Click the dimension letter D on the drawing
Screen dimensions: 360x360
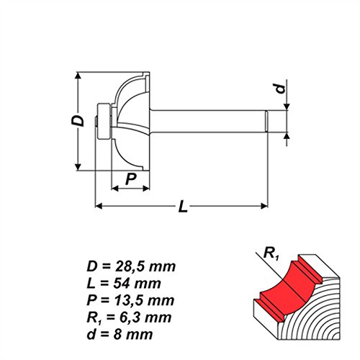pos(84,122)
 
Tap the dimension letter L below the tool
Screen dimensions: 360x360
pos(184,208)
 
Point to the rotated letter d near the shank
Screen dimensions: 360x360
pos(281,89)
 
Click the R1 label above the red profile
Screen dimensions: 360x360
pos(271,252)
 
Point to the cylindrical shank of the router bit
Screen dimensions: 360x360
pos(216,120)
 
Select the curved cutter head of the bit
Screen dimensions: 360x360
pos(133,120)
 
